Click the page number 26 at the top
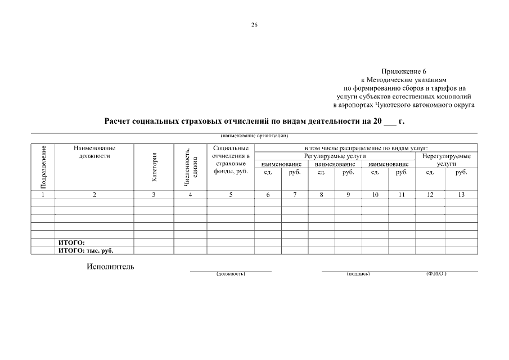(254, 25)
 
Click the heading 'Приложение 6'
(404, 71)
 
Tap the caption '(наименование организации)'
(254, 136)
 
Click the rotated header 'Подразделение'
(44, 167)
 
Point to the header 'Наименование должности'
(94, 151)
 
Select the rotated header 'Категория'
(154, 167)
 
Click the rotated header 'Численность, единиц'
(191, 167)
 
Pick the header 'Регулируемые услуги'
(335, 155)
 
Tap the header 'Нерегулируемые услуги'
(446, 159)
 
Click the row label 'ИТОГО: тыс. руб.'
(89, 250)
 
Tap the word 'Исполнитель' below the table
(110, 267)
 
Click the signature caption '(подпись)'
(358, 273)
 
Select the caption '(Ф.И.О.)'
(436, 273)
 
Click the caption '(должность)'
(231, 273)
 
